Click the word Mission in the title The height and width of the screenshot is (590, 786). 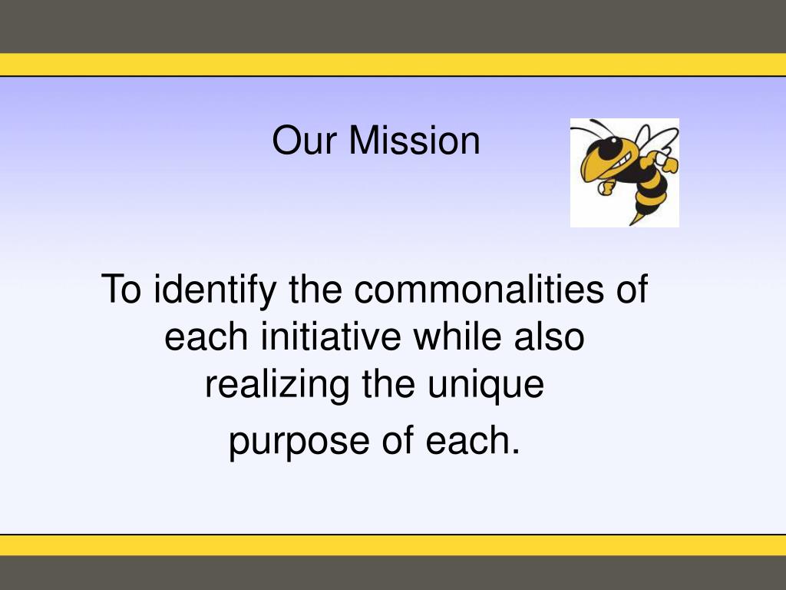point(415,141)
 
